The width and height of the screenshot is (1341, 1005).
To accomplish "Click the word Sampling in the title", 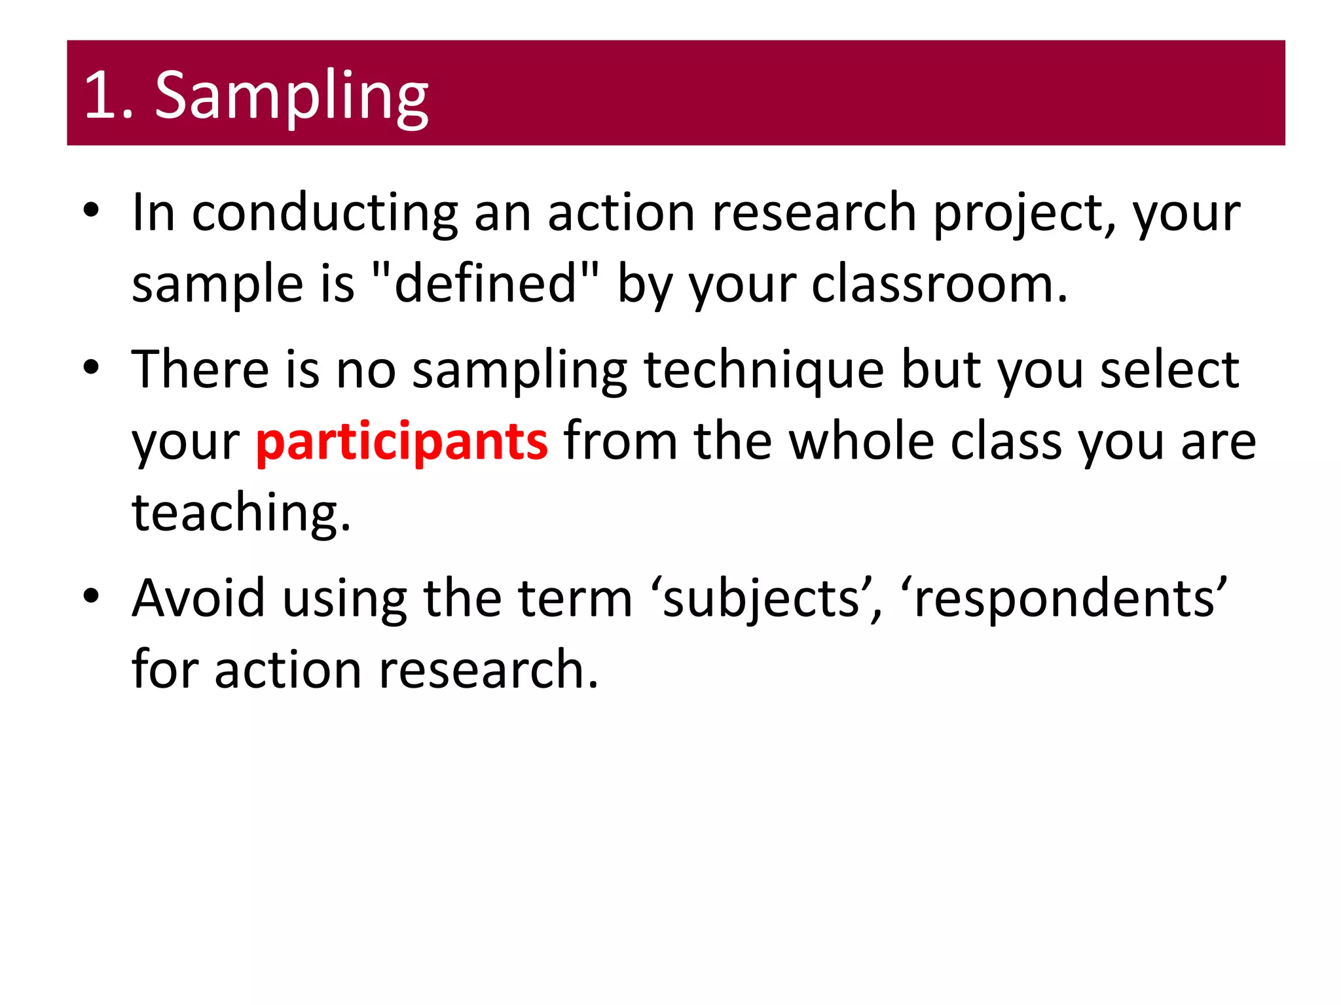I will click(291, 96).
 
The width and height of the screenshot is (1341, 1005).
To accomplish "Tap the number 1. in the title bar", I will click(109, 96).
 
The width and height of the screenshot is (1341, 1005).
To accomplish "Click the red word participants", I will click(401, 442).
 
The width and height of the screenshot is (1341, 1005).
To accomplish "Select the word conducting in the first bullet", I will click(325, 214).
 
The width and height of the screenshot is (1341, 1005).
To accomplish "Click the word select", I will click(1169, 371).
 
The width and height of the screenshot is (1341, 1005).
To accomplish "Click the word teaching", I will click(241, 513).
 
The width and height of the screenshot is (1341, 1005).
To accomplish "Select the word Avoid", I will click(198, 599).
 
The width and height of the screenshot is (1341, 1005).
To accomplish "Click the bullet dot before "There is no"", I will click(91, 368).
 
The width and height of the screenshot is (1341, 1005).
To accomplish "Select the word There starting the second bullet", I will click(200, 371).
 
